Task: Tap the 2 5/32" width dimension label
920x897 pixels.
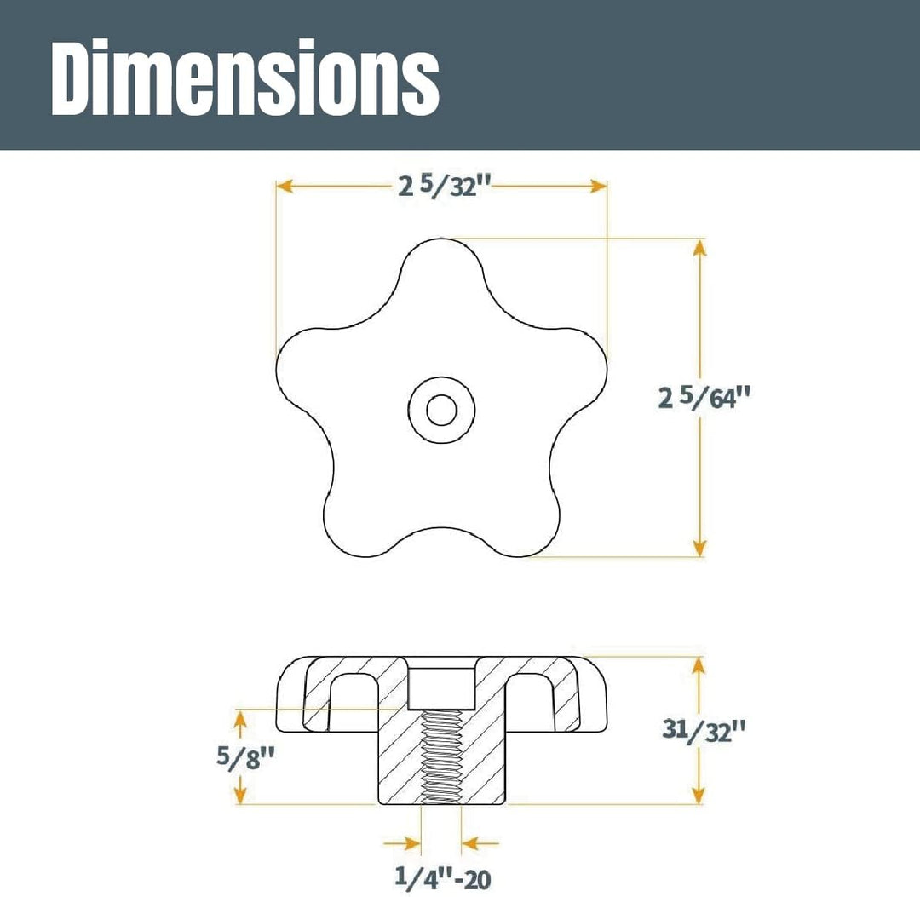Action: point(444,187)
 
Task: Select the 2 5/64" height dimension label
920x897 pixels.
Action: point(704,398)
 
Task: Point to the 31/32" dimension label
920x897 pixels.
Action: point(704,730)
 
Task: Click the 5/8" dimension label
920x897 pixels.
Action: point(246,756)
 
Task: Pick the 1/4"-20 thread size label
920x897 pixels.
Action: point(442,877)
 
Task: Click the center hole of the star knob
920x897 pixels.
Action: point(442,410)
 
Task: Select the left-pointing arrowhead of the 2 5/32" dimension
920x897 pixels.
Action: point(285,187)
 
